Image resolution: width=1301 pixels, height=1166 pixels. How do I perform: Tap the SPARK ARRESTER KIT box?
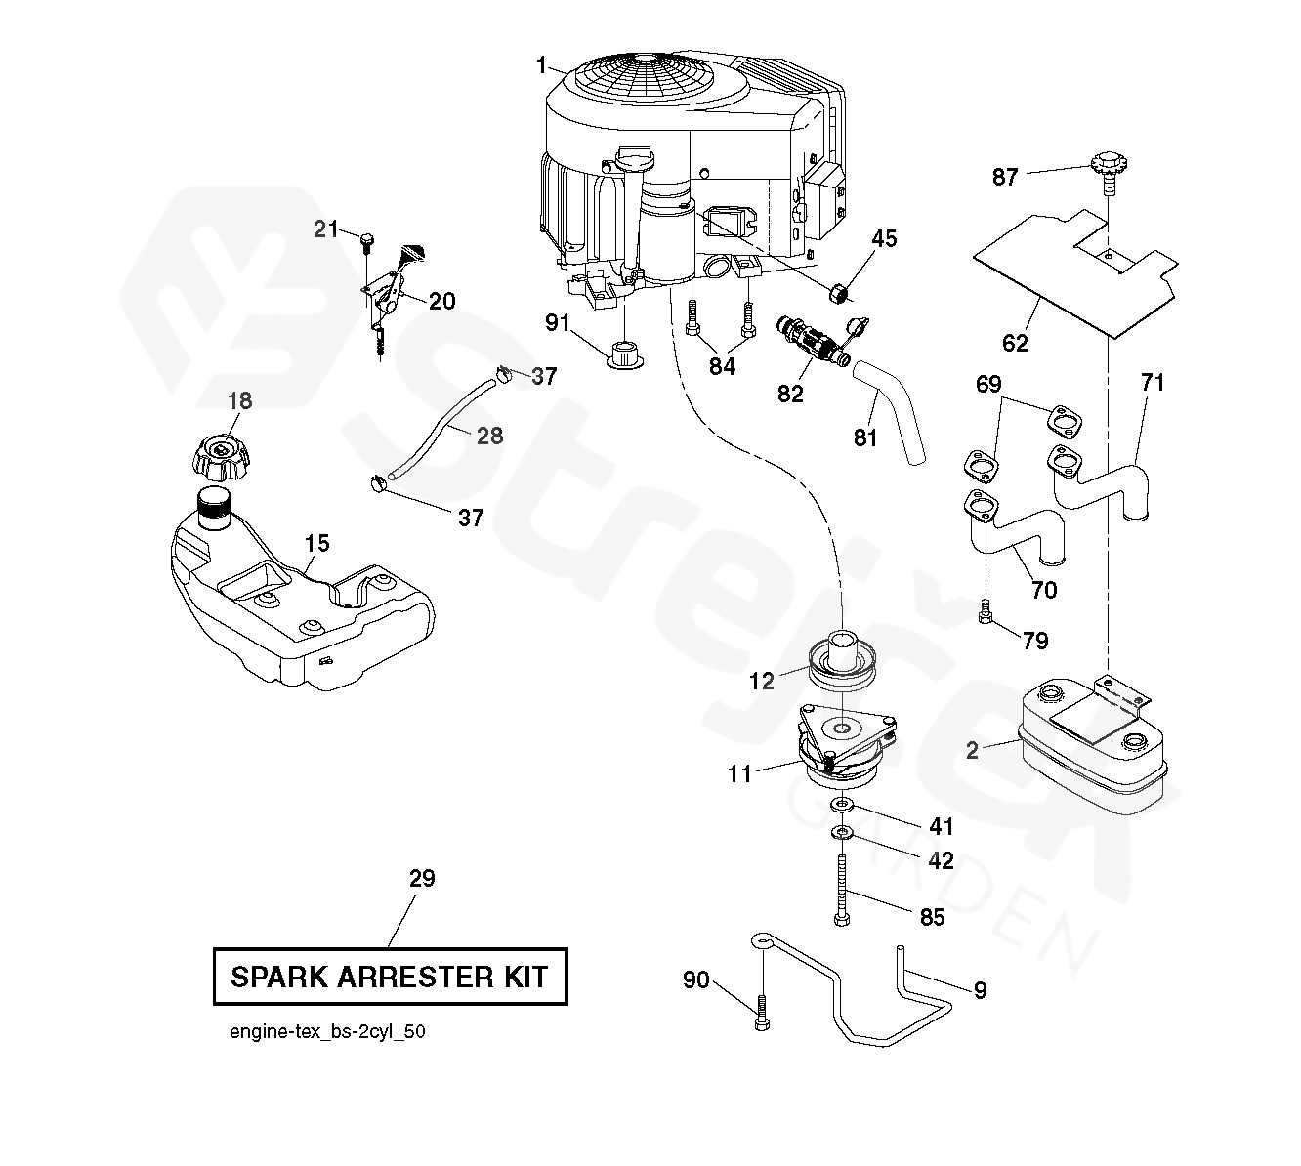point(391,976)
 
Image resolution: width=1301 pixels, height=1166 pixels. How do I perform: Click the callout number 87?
point(1005,177)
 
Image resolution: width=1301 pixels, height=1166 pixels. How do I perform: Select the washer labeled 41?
point(841,805)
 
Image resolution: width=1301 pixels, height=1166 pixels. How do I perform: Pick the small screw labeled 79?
point(986,613)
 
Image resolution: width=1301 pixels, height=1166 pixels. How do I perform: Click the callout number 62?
point(1015,343)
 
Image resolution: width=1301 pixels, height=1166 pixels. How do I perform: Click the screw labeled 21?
point(366,238)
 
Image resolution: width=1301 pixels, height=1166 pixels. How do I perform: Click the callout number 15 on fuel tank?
point(316,544)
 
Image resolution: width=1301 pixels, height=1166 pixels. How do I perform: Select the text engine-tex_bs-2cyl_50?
point(327,1032)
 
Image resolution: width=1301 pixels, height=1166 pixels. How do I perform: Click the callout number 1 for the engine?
point(541,65)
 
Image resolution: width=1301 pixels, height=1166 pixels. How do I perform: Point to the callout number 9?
point(980,991)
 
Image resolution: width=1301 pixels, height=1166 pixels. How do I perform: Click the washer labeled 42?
point(841,833)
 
